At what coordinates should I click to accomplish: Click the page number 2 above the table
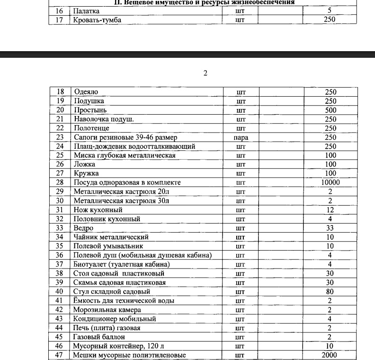pos(205,73)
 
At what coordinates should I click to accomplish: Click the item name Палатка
pos(85,10)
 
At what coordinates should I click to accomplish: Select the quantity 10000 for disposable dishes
pos(330,182)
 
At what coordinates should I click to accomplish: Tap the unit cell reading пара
pos(241,137)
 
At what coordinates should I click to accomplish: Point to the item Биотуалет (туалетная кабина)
pos(121,264)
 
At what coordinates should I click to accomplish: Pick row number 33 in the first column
pos(60,228)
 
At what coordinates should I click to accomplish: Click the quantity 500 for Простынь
pos(330,110)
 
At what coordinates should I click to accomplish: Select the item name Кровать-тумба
pos(94,20)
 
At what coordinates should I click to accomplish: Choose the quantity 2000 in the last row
pos(330,355)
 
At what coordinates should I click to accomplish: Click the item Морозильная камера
pos(104,310)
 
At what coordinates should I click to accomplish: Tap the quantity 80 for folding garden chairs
pos(330,291)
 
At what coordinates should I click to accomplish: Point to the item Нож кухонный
pos(98,210)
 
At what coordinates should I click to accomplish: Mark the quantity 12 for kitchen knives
pos(330,210)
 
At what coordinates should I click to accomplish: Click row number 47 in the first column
pos(60,355)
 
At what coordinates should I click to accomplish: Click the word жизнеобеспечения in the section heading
pos(265,2)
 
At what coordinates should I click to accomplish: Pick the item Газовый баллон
pos(99,337)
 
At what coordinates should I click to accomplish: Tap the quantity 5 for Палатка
pos(330,10)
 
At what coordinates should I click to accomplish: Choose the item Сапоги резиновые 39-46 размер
pos(125,137)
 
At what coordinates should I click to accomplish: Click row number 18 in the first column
pos(60,92)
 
